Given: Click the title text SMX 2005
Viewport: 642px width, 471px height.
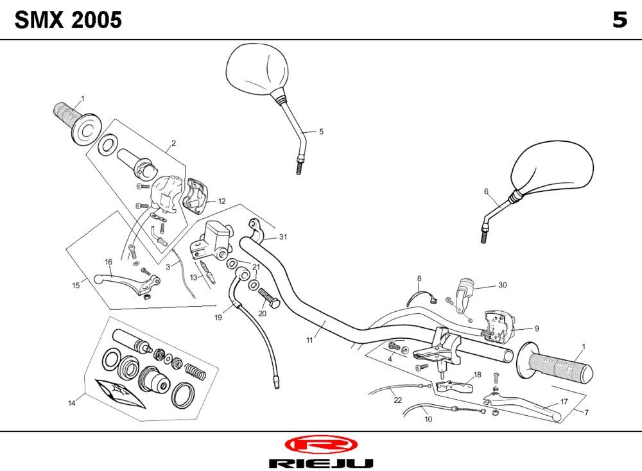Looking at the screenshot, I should pyautogui.click(x=68, y=21).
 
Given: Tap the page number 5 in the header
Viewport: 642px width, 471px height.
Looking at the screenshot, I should pyautogui.click(x=620, y=21).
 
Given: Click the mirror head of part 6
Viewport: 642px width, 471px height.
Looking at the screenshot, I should pyautogui.click(x=554, y=167).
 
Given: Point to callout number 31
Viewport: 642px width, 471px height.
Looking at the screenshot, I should pyautogui.click(x=283, y=237).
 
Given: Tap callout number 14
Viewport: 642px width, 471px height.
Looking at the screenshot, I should pyautogui.click(x=72, y=403).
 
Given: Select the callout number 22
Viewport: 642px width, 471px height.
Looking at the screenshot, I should pyautogui.click(x=397, y=400).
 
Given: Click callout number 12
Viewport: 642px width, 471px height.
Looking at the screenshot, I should pyautogui.click(x=221, y=201).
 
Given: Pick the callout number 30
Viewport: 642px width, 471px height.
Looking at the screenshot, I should pyautogui.click(x=502, y=285).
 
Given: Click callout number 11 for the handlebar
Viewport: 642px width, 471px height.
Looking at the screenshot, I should pyautogui.click(x=309, y=339).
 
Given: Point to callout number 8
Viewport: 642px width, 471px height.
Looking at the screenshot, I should pyautogui.click(x=419, y=278).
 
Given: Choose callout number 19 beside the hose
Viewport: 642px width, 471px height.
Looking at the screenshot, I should pyautogui.click(x=218, y=317).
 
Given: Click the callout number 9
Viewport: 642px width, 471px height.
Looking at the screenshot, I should pyautogui.click(x=536, y=328).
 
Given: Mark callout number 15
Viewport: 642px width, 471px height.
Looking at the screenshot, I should pyautogui.click(x=76, y=285).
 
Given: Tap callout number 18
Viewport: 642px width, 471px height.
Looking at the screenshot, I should pyautogui.click(x=477, y=375).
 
